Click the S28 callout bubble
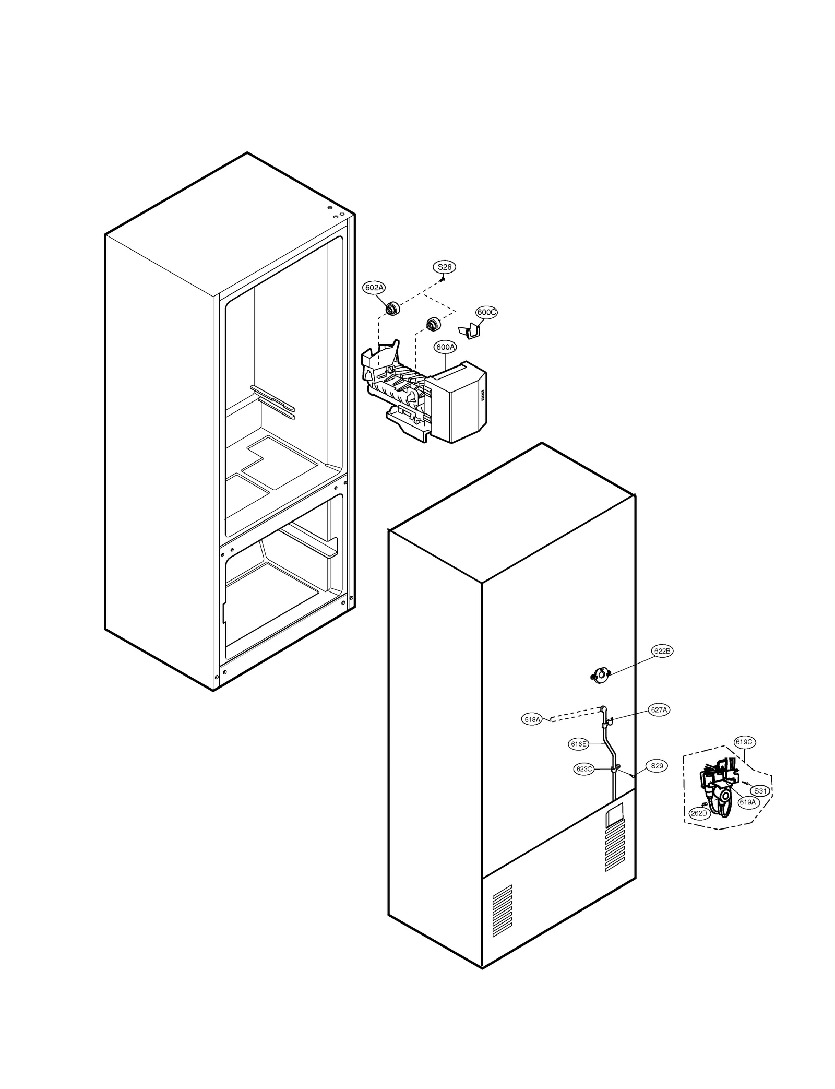444,267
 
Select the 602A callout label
374,288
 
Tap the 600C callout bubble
486,312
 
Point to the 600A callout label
445,347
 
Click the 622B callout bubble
662,651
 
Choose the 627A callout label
659,710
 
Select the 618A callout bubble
532,719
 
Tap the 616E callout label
579,744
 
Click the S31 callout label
760,791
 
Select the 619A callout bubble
747,802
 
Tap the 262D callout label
698,813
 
